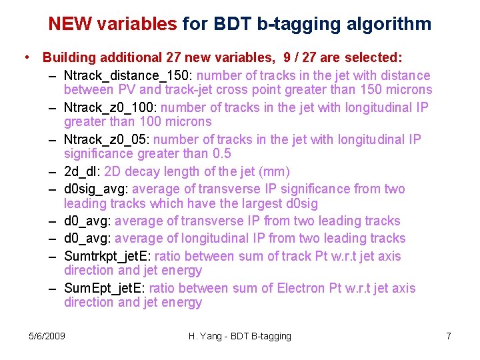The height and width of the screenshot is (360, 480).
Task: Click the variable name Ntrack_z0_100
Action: tap(111, 107)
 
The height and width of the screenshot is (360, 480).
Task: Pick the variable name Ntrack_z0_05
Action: tap(108, 139)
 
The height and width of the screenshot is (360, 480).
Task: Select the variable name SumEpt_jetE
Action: tap(103, 288)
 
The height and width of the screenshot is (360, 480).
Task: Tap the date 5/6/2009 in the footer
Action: tap(47, 336)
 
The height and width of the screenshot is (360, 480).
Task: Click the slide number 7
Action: tap(449, 336)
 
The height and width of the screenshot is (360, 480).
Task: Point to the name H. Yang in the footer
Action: tap(205, 336)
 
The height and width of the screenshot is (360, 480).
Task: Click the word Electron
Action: tap(306, 288)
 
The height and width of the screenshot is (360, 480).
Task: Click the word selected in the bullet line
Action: tap(373, 58)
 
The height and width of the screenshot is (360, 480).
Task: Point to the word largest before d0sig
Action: tap(264, 203)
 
